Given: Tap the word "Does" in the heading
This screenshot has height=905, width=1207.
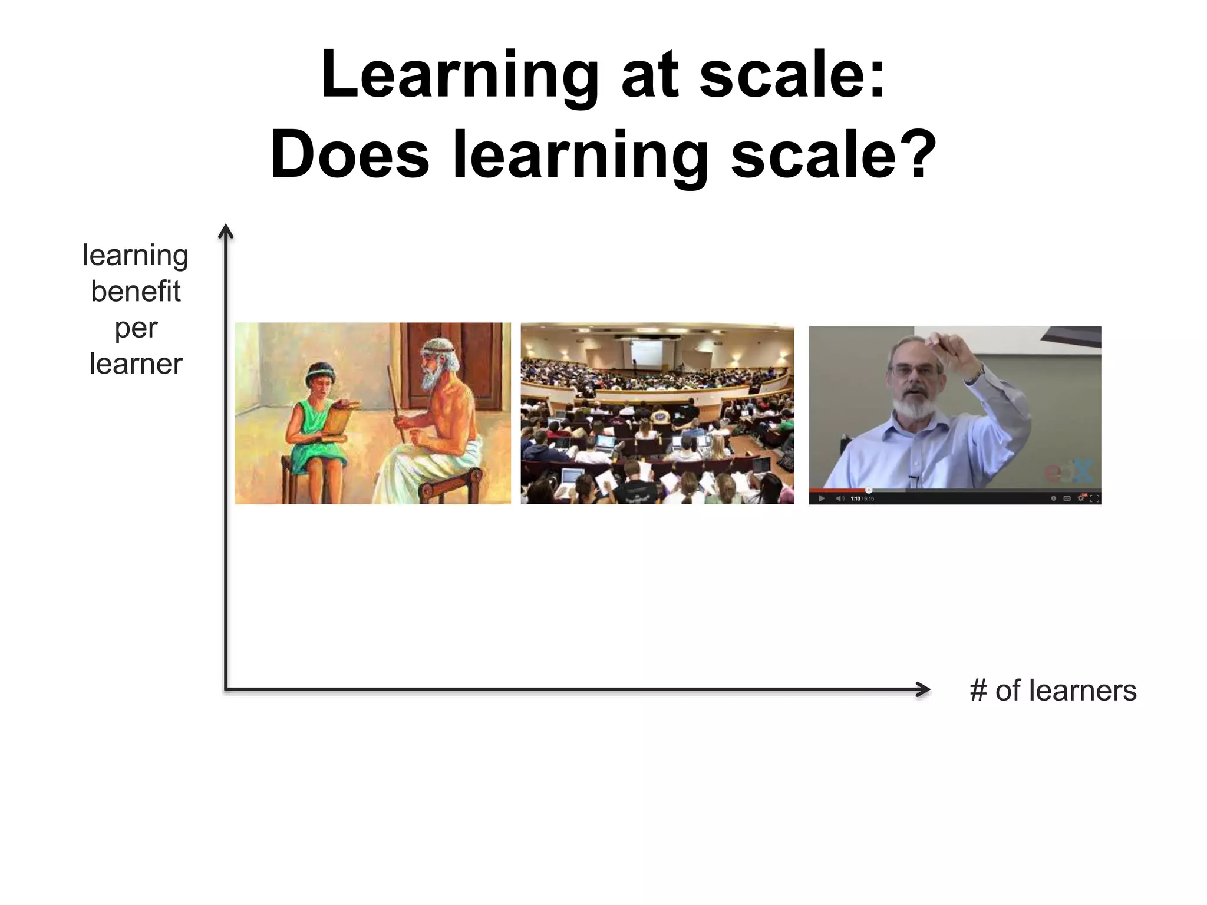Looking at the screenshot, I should (x=350, y=155).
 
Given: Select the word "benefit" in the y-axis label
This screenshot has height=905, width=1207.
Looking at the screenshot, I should (x=136, y=291).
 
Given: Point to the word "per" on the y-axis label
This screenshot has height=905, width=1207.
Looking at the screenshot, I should (x=136, y=328).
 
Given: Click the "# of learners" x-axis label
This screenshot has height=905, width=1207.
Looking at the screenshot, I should (x=1053, y=690).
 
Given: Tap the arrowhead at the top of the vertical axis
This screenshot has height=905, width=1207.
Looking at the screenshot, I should (x=226, y=232).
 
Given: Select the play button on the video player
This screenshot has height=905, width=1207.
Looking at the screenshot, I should (x=822, y=498).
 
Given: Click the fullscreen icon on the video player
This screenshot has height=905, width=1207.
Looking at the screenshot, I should (x=1094, y=498).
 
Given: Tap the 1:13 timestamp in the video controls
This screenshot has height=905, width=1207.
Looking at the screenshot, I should (x=855, y=498).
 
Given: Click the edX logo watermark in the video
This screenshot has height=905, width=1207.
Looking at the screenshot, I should (x=1068, y=471).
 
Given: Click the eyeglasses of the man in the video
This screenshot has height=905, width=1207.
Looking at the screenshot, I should (x=912, y=371).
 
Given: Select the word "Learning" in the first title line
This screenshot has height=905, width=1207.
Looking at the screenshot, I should (x=460, y=75).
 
